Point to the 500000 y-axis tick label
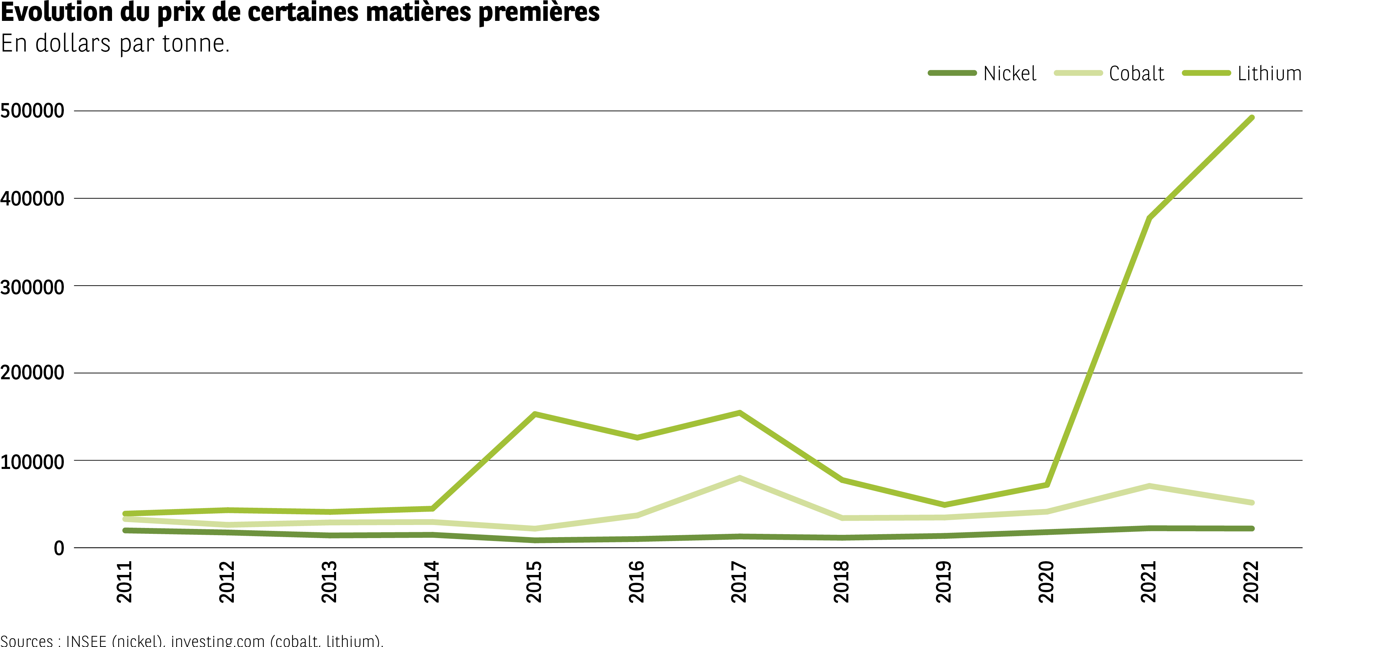point(32,111)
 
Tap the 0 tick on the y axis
point(59,549)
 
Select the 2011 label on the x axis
point(125,581)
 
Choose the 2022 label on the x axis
point(1251,581)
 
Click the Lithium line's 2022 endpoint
point(1252,118)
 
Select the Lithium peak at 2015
point(535,414)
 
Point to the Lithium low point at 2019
point(944,504)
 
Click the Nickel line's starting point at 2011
point(125,530)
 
